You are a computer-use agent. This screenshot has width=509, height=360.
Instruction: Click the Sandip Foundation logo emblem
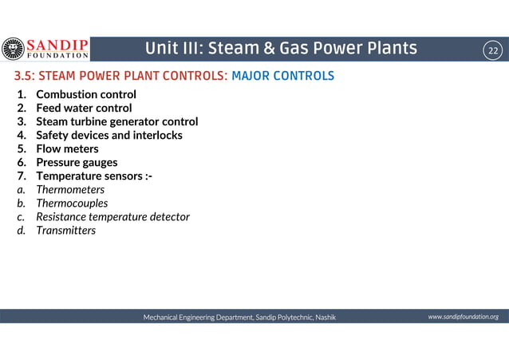tap(14, 49)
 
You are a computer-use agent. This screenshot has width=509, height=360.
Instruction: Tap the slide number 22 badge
tap(493, 50)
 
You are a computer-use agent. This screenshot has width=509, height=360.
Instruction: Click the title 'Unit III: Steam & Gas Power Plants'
tap(281, 49)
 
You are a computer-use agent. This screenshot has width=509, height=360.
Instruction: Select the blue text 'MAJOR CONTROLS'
tap(282, 77)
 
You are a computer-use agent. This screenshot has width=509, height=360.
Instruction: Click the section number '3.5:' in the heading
tap(22, 77)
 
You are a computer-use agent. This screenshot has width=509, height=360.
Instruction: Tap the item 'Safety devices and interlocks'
tap(109, 135)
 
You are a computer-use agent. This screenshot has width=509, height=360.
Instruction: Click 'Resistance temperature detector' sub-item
tap(112, 217)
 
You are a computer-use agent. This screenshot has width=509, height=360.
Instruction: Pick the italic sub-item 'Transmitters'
tap(66, 231)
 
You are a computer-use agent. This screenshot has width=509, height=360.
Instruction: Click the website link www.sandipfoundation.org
tap(463, 317)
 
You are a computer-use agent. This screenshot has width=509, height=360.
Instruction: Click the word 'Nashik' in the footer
tap(326, 317)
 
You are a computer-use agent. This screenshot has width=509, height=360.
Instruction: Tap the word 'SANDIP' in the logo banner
tap(57, 44)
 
